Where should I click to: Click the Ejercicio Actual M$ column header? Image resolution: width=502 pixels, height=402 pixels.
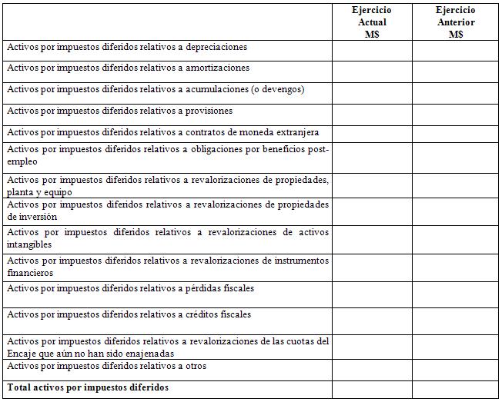coord(372,22)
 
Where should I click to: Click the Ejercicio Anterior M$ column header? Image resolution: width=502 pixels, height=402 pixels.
coord(456,22)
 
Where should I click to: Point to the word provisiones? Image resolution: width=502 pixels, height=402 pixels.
coord(209,111)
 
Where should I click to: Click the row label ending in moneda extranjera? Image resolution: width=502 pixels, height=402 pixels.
coord(162,133)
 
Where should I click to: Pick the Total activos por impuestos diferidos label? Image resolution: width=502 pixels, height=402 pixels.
coord(88,387)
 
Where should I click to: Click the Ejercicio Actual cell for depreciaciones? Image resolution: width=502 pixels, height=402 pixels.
coord(372,50)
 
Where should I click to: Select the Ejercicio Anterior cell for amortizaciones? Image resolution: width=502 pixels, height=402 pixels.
coord(456,71)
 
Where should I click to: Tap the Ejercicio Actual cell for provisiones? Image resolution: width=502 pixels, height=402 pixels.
coord(372,115)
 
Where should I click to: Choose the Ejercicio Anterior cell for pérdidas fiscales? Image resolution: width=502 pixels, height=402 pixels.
coord(456,294)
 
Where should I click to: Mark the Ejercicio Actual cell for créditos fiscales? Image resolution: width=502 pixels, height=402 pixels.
coord(372,320)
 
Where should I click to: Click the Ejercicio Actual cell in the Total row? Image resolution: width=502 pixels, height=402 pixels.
coord(372,389)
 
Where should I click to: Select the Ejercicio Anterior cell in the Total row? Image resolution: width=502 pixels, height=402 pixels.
coord(456,389)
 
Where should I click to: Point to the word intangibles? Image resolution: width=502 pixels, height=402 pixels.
coord(29,245)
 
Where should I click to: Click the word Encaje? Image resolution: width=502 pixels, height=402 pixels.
coord(22,354)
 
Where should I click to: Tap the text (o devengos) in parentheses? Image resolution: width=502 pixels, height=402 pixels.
coord(278,90)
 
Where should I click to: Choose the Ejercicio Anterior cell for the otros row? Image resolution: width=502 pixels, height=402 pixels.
coord(456,370)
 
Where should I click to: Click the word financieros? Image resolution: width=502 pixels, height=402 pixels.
coord(30,273)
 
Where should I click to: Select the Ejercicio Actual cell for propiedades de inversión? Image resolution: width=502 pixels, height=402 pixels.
coord(372,211)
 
